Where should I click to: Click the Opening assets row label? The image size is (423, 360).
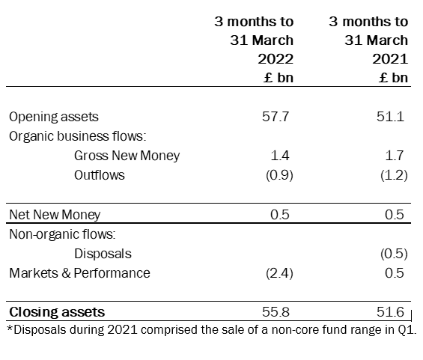[54, 117]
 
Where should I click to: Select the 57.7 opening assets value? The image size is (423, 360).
[276, 117]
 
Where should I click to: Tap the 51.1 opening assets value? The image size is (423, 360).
[390, 117]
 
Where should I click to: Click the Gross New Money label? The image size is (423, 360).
[127, 156]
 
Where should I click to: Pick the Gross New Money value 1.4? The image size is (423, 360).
[280, 156]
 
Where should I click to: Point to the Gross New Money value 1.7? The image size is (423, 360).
[395, 156]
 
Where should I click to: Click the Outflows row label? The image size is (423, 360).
[100, 175]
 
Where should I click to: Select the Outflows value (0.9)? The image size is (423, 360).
[279, 175]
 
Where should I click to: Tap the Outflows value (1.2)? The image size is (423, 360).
[394, 175]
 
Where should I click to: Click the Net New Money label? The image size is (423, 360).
[55, 215]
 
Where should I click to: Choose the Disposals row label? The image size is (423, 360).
[103, 254]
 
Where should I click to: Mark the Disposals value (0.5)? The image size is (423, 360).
[394, 254]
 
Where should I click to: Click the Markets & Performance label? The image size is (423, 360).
[79, 273]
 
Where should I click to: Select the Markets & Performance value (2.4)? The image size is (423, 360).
[279, 273]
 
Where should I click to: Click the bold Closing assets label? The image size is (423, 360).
[57, 312]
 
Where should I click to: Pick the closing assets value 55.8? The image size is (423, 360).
[276, 312]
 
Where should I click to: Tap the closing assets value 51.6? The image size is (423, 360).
[390, 312]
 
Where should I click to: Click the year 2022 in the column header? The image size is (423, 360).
[276, 59]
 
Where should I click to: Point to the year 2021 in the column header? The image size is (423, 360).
[390, 59]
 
